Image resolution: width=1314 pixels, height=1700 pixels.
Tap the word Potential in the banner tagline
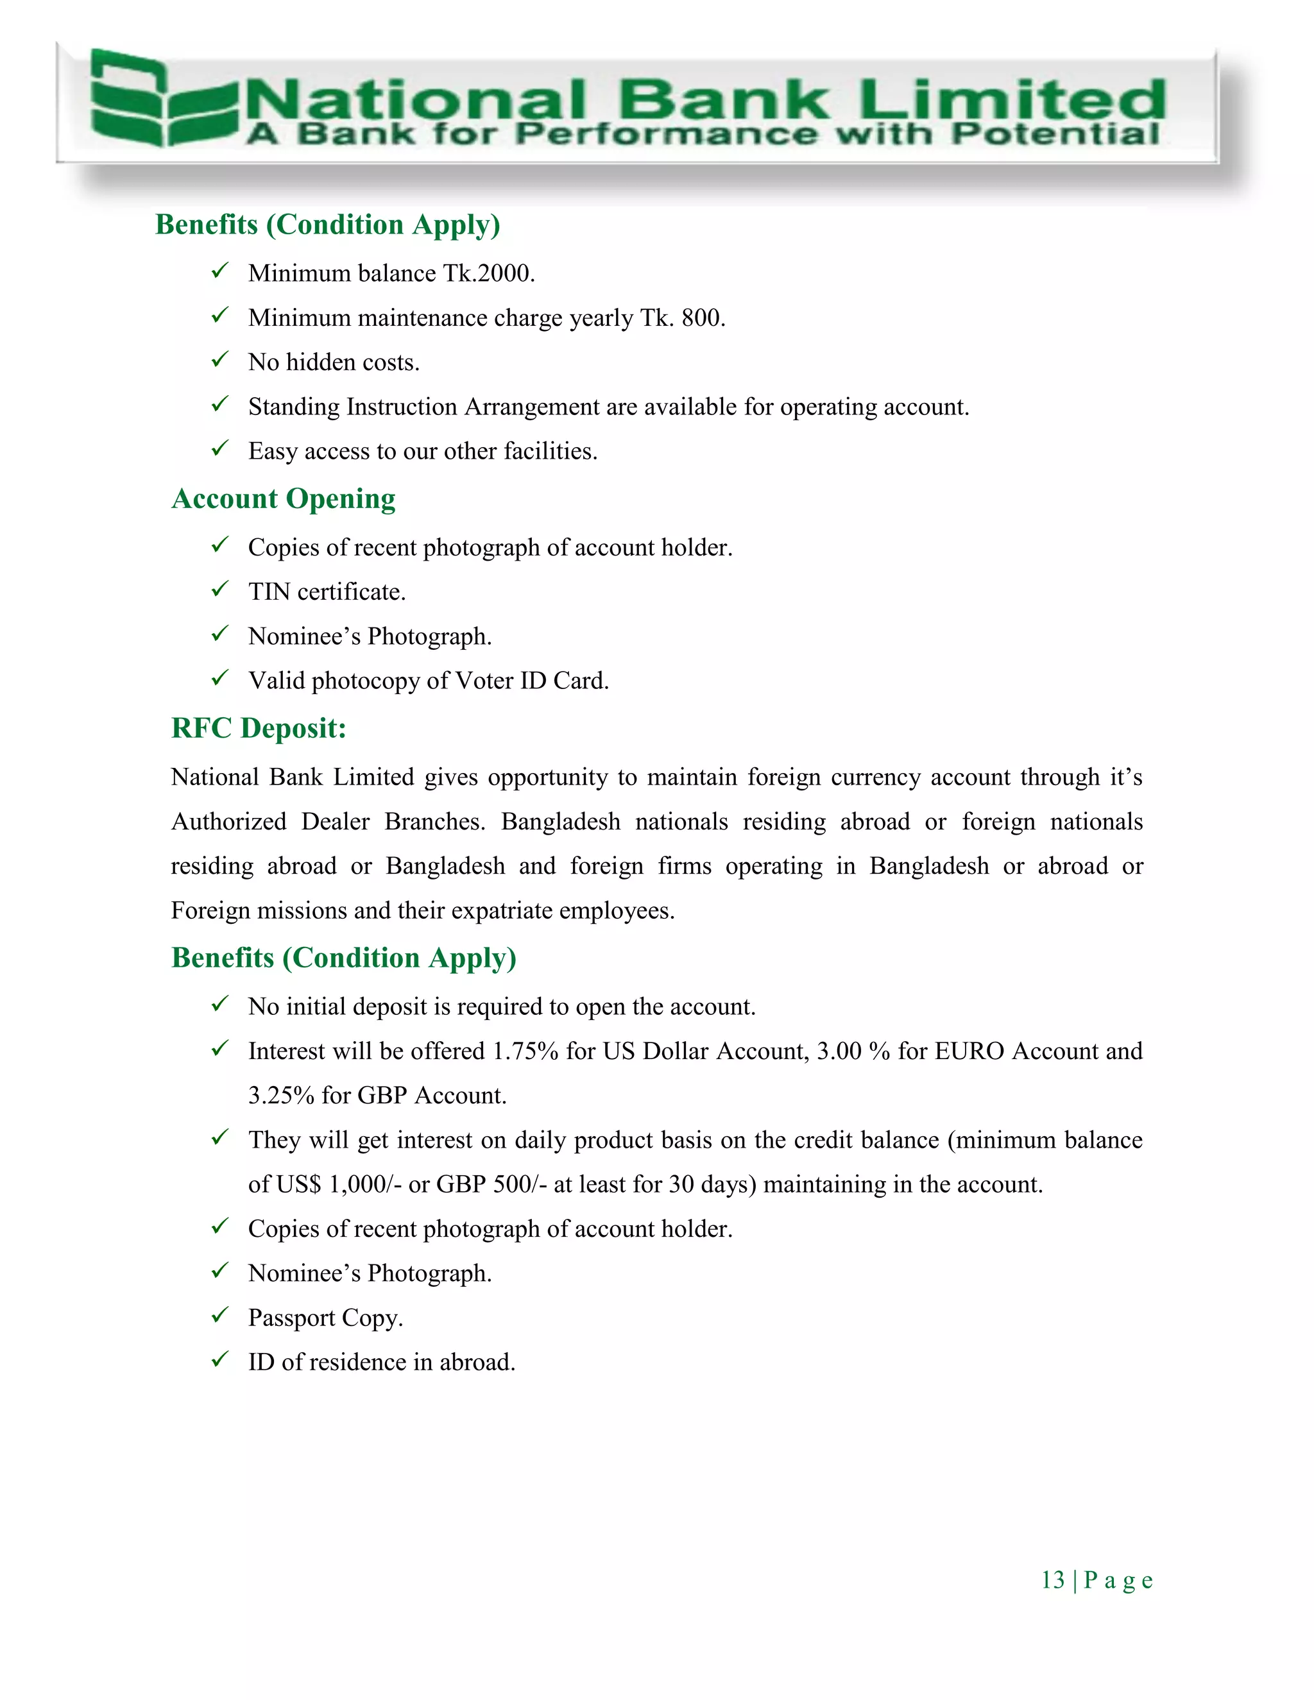coord(1055,134)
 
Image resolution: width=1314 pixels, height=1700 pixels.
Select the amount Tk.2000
coord(489,274)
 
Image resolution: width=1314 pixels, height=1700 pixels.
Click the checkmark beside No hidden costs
coord(220,361)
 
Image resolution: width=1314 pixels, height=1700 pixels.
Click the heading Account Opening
coord(284,499)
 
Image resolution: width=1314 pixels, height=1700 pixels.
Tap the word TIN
coord(269,592)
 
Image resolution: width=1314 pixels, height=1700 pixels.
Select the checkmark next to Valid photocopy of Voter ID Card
coord(220,679)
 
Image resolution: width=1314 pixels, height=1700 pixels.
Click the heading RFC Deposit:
coord(259,729)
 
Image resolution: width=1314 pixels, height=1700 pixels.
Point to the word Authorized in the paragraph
coord(229,822)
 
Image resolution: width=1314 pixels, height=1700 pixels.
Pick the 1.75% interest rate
coord(525,1051)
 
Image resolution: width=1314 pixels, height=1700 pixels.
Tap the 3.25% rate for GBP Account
coord(281,1096)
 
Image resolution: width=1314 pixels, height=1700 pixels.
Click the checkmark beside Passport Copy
coord(220,1316)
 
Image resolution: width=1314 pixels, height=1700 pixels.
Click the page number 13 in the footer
coord(1052,1580)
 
